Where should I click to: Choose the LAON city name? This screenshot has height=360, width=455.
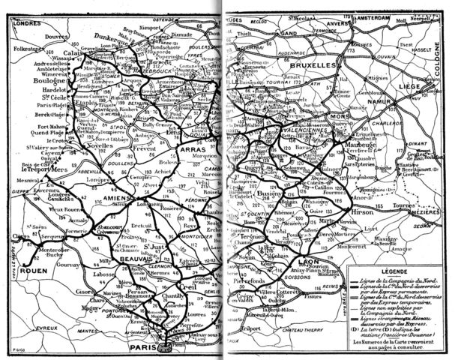point(307,262)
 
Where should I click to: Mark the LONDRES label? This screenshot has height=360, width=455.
point(25,20)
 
